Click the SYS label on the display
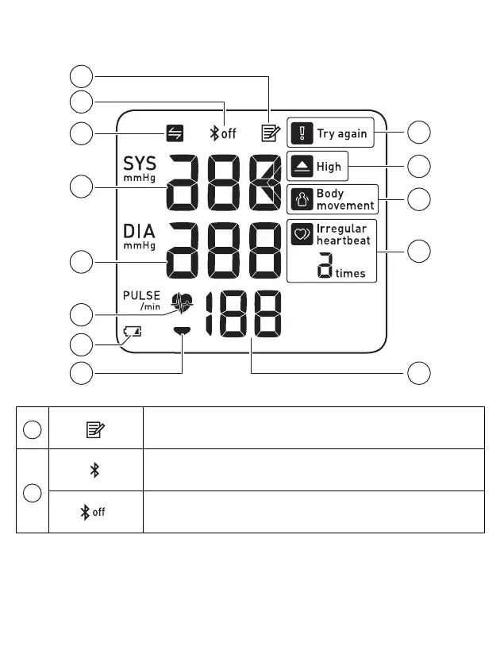click(x=139, y=164)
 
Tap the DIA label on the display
click(x=139, y=231)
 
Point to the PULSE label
click(x=141, y=295)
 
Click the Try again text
click(x=342, y=133)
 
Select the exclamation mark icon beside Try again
click(x=302, y=133)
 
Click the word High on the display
click(x=329, y=167)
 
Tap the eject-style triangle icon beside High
click(x=302, y=167)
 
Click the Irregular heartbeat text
click(x=342, y=234)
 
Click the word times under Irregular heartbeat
click(x=350, y=273)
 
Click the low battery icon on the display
click(x=133, y=333)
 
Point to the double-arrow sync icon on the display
click(x=173, y=133)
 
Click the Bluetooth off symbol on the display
click(x=222, y=133)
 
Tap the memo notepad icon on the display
click(x=271, y=133)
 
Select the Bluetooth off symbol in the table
click(x=94, y=512)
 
